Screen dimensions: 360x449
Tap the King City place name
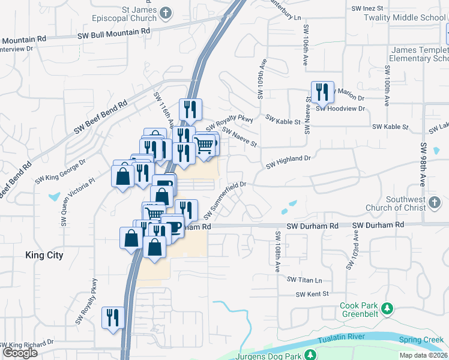pos(44,255)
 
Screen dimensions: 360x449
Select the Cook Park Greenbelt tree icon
pos(388,308)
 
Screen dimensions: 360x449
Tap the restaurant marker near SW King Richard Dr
pos(113,319)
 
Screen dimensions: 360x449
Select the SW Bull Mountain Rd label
pos(113,33)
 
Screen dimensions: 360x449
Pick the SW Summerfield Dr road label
pos(226,200)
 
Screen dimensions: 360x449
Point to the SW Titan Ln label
pos(304,280)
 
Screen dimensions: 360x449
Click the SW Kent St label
pos(312,294)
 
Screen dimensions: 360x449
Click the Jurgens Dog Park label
pos(270,355)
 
